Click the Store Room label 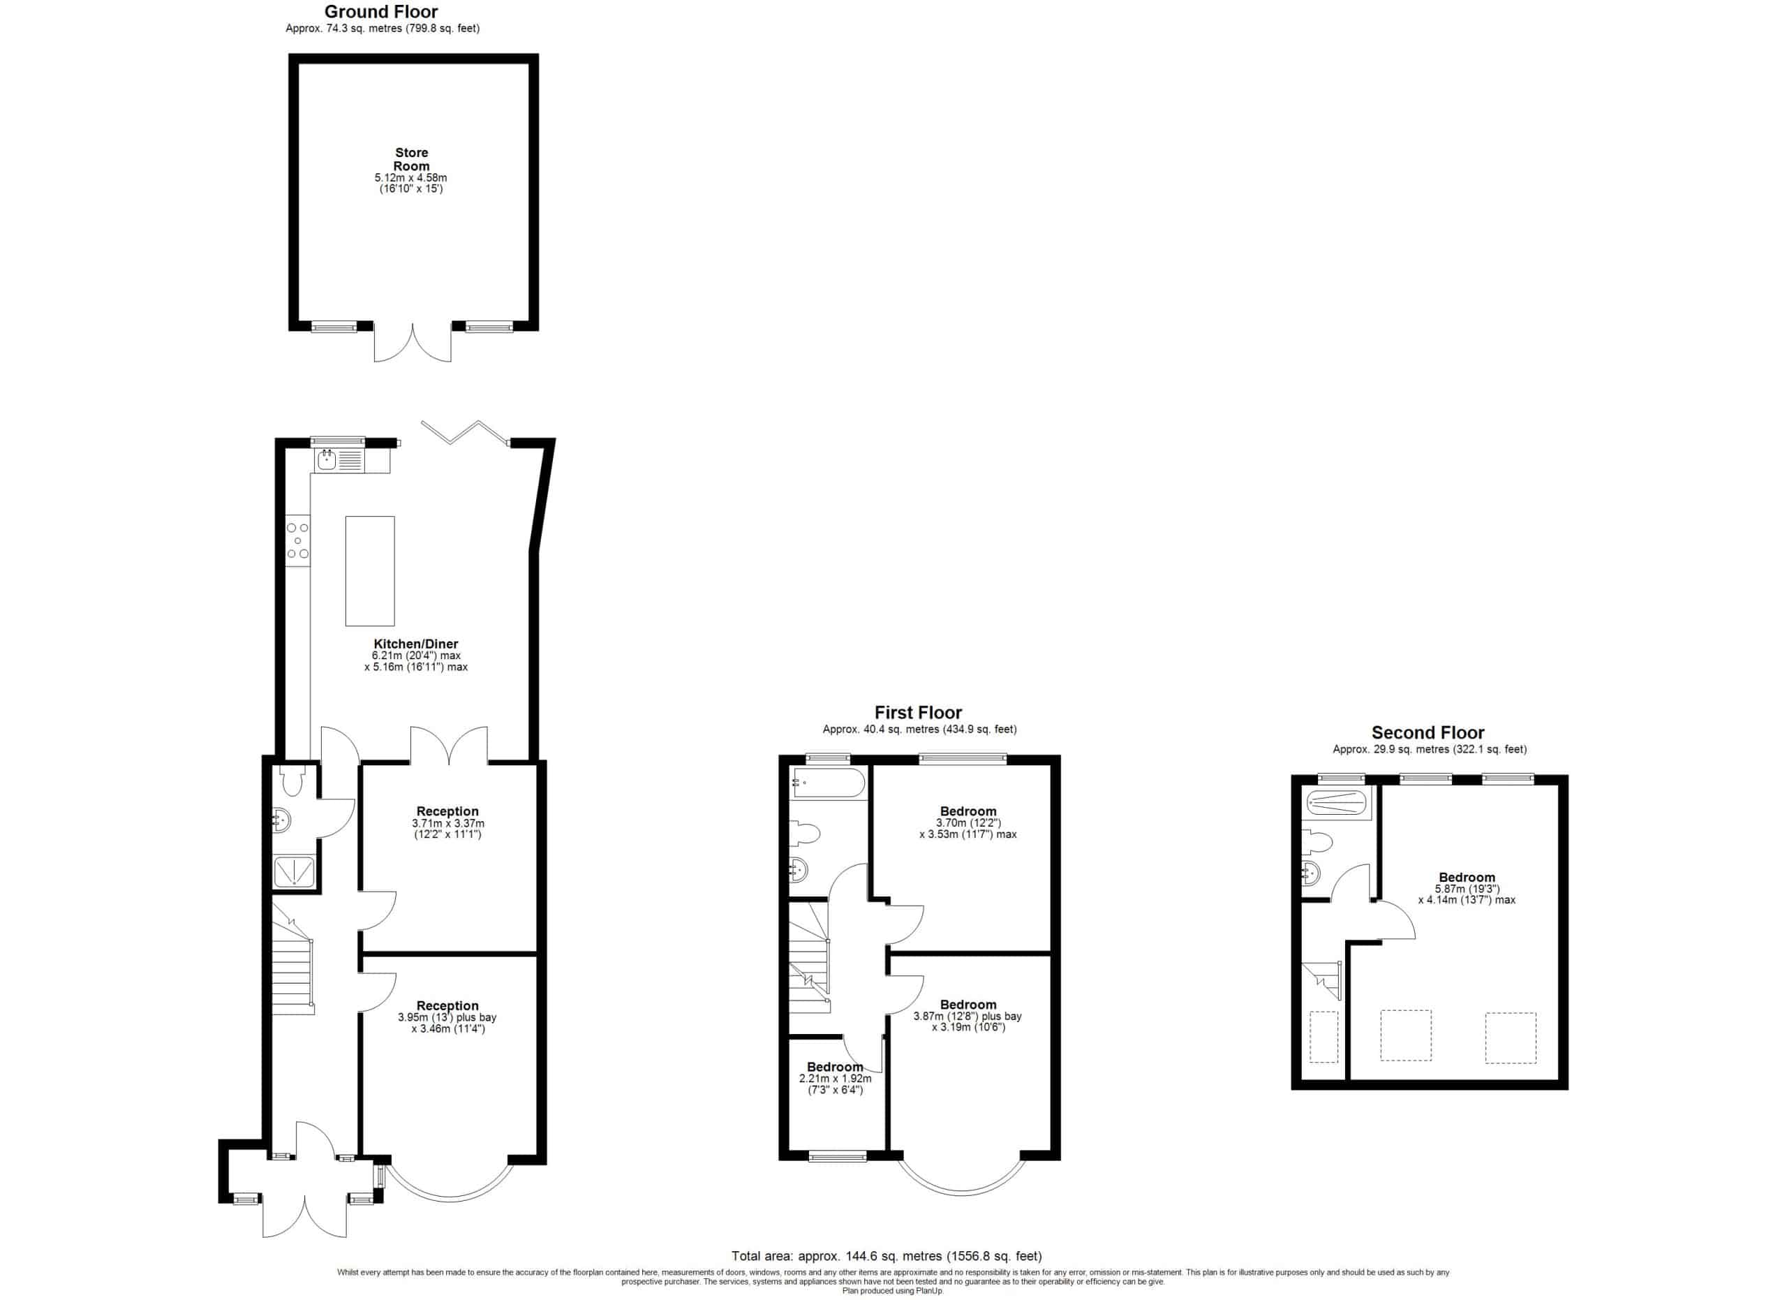pos(411,159)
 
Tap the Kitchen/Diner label pos(415,644)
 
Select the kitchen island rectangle pos(369,570)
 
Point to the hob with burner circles pos(298,540)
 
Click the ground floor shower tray pos(294,871)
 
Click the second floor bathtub pos(1335,803)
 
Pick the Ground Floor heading pos(380,12)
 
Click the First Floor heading pos(918,712)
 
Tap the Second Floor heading pos(1428,732)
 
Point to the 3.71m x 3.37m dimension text pos(447,823)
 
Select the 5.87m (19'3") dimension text pos(1467,889)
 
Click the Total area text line pos(887,1256)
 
